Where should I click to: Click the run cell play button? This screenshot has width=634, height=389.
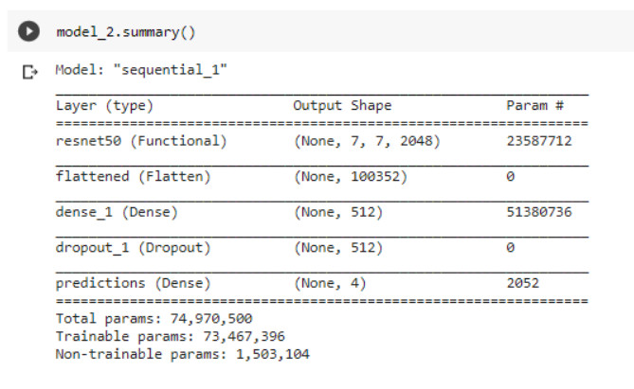(30, 32)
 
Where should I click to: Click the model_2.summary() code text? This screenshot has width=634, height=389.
(126, 32)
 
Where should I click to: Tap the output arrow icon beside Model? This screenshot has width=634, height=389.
(30, 71)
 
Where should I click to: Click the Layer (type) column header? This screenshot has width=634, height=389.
(104, 105)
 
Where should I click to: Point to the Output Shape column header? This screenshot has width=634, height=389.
(342, 105)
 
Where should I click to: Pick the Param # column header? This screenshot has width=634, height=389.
(535, 105)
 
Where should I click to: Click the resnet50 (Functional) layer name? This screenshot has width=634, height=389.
(141, 141)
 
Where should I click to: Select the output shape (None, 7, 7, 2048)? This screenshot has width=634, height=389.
(367, 141)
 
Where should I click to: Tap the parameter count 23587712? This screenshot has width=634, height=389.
(539, 141)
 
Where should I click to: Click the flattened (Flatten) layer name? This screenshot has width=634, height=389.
(134, 176)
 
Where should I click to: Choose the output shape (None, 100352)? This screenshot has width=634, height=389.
(351, 176)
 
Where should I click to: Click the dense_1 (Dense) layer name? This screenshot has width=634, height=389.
(117, 212)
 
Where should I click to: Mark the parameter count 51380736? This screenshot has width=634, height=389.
(539, 212)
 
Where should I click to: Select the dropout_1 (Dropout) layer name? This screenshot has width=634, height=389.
(134, 248)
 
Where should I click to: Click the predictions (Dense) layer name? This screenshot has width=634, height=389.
(134, 283)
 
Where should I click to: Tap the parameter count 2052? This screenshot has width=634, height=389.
(523, 283)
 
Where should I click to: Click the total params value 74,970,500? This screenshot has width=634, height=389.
(207, 319)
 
